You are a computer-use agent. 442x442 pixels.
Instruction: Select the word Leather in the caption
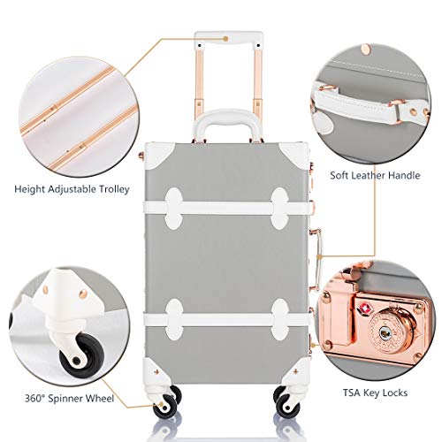coord(365,175)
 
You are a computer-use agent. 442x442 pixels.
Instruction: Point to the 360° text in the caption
coord(34,399)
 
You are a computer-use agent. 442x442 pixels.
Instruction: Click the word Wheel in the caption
coord(100,399)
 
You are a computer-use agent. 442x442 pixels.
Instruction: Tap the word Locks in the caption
coord(394,392)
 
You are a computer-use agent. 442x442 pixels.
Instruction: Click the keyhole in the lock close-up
coord(385,333)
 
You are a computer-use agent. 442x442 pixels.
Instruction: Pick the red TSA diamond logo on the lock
coord(363,309)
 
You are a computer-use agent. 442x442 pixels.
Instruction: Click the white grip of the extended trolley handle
coord(229,39)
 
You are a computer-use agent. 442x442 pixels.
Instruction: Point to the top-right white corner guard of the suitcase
coord(295,156)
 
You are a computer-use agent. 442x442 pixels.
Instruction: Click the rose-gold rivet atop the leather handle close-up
coord(367,50)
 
